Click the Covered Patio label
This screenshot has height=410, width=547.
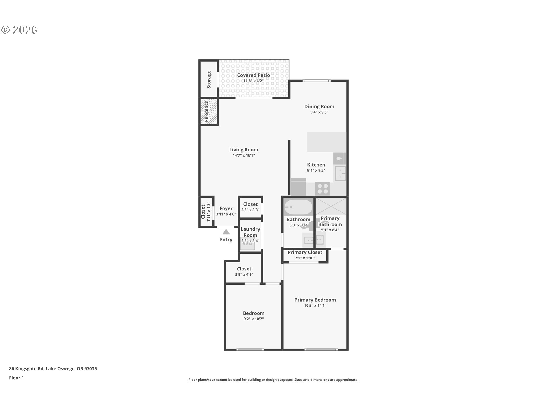coord(253,75)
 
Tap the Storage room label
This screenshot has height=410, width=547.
coord(209,79)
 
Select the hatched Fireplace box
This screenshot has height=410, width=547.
coord(208,111)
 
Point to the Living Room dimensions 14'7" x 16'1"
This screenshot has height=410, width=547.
coord(244,155)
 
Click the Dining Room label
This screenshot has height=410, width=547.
coord(319,106)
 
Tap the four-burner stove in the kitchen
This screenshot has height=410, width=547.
coord(323,188)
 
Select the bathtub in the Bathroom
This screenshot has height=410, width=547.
coord(298,207)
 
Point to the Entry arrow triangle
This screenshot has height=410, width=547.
coord(226,232)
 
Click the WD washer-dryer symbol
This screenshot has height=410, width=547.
coord(247,244)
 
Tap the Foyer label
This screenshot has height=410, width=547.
coord(226,208)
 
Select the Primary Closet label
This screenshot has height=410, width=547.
coord(305,252)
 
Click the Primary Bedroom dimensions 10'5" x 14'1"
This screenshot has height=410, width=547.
coord(315,306)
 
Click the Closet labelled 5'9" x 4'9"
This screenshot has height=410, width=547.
coord(244,271)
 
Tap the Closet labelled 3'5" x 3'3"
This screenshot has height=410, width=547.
coord(250,207)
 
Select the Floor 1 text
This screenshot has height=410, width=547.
coord(16,378)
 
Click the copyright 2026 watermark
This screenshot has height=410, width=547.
coord(19,30)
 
